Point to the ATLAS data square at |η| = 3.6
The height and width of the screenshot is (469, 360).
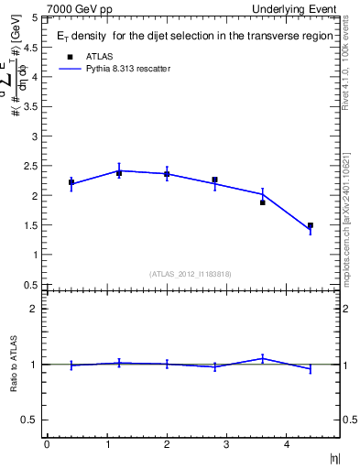tap(262, 202)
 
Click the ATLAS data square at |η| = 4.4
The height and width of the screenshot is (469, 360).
tap(311, 225)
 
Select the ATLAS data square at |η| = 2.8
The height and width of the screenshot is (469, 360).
tap(214, 180)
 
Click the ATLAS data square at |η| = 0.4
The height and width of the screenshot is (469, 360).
tap(71, 182)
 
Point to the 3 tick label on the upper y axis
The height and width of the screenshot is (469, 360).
tap(37, 136)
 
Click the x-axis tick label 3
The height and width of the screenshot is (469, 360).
tap(226, 445)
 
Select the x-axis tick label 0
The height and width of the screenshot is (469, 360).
tap(47, 445)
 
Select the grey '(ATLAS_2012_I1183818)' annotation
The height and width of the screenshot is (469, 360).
tap(190, 274)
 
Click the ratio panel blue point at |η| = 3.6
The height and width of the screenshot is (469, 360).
tap(262, 359)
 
